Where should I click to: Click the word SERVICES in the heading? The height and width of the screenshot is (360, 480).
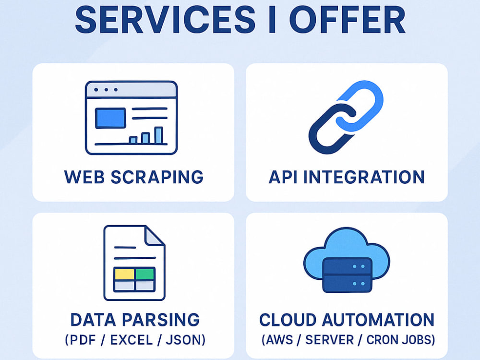[165, 20]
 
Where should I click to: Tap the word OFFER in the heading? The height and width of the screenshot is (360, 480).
[348, 20]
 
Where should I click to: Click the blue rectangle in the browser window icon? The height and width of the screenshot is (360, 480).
[110, 118]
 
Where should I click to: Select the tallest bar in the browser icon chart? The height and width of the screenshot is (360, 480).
[158, 135]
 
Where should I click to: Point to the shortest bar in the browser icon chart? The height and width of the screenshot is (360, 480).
[133, 140]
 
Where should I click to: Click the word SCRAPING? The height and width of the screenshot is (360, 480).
[157, 177]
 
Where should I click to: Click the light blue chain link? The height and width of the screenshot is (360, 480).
[360, 106]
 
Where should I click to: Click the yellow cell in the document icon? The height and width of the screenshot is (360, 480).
[124, 274]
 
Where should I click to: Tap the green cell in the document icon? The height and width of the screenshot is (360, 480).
[145, 274]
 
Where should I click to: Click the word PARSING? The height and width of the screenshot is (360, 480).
[161, 320]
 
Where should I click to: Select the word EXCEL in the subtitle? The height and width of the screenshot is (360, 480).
[132, 340]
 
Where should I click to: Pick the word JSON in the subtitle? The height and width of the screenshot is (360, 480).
[182, 340]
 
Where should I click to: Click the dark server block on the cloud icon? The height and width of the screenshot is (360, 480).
[347, 275]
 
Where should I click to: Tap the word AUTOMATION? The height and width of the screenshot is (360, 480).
[378, 320]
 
